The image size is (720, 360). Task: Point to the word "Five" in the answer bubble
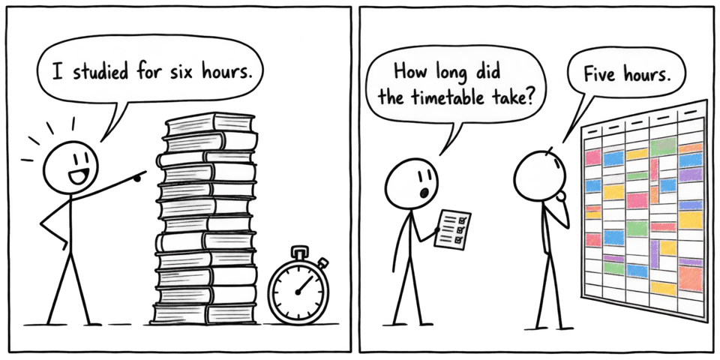tap(598, 74)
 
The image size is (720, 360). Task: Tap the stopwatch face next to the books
tap(298, 291)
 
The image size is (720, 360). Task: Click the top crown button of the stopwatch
tap(298, 253)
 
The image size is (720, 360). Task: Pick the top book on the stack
tap(210, 122)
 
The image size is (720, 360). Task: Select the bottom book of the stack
tap(205, 313)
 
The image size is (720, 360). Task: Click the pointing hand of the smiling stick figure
tap(138, 175)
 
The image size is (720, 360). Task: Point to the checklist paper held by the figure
tap(453, 229)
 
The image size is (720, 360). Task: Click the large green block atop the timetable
tap(663, 146)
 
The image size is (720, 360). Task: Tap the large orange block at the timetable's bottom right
tap(691, 279)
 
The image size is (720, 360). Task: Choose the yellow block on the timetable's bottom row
tap(663, 289)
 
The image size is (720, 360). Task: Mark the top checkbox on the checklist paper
tap(462, 220)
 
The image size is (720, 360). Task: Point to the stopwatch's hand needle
tap(304, 285)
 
